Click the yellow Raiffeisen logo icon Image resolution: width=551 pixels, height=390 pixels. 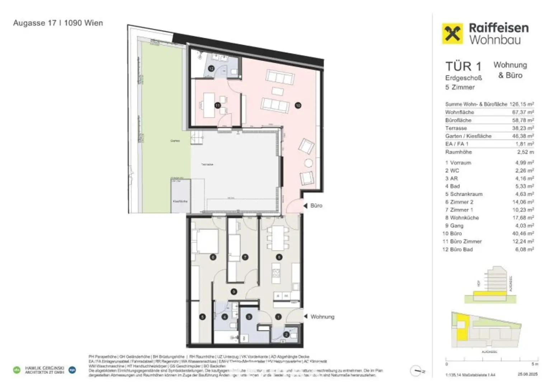coord(452,34)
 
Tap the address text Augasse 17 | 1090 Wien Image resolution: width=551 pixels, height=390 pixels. coord(58,23)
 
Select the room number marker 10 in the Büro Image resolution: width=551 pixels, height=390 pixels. coord(298,105)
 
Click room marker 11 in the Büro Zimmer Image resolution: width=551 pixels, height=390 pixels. coord(217,105)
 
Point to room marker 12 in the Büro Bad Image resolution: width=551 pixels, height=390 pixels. coord(211,68)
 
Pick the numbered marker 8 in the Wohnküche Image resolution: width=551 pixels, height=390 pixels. coord(279,257)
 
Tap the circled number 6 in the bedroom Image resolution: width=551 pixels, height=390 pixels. coord(213,257)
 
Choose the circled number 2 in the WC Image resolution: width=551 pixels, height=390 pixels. coord(286,334)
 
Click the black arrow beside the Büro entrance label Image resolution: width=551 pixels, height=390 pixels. coord(305,206)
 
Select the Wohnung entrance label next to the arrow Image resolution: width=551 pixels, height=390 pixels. coord(322,316)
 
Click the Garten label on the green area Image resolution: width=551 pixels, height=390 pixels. coord(175,141)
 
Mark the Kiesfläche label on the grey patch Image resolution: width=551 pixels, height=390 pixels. coord(180,201)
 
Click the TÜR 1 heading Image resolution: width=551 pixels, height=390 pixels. coord(463,66)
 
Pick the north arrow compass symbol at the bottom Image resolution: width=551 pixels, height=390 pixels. coord(416,371)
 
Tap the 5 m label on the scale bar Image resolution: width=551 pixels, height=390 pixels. coord(534,364)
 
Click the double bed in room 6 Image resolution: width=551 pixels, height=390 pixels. coord(205,241)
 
